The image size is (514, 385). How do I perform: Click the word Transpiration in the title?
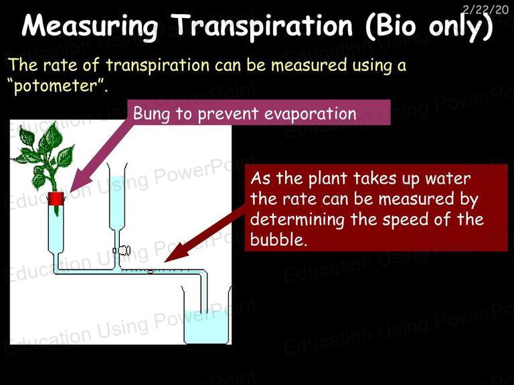point(262,27)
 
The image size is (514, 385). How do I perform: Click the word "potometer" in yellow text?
point(57,86)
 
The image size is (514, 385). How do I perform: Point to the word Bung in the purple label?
point(152,114)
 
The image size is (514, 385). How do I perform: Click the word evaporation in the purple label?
point(310,114)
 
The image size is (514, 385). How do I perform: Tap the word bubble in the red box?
point(278,239)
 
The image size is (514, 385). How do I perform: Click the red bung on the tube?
point(56,199)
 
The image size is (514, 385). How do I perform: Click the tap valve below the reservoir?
point(122,251)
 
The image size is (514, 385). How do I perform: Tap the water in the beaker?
point(206,326)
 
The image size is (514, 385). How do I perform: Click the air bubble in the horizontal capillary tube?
point(151,271)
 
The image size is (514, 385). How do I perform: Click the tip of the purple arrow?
point(70,192)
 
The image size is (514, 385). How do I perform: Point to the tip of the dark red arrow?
point(164,262)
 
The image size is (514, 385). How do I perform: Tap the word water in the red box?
point(448,178)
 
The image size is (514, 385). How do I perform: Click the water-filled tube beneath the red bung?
point(56,229)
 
